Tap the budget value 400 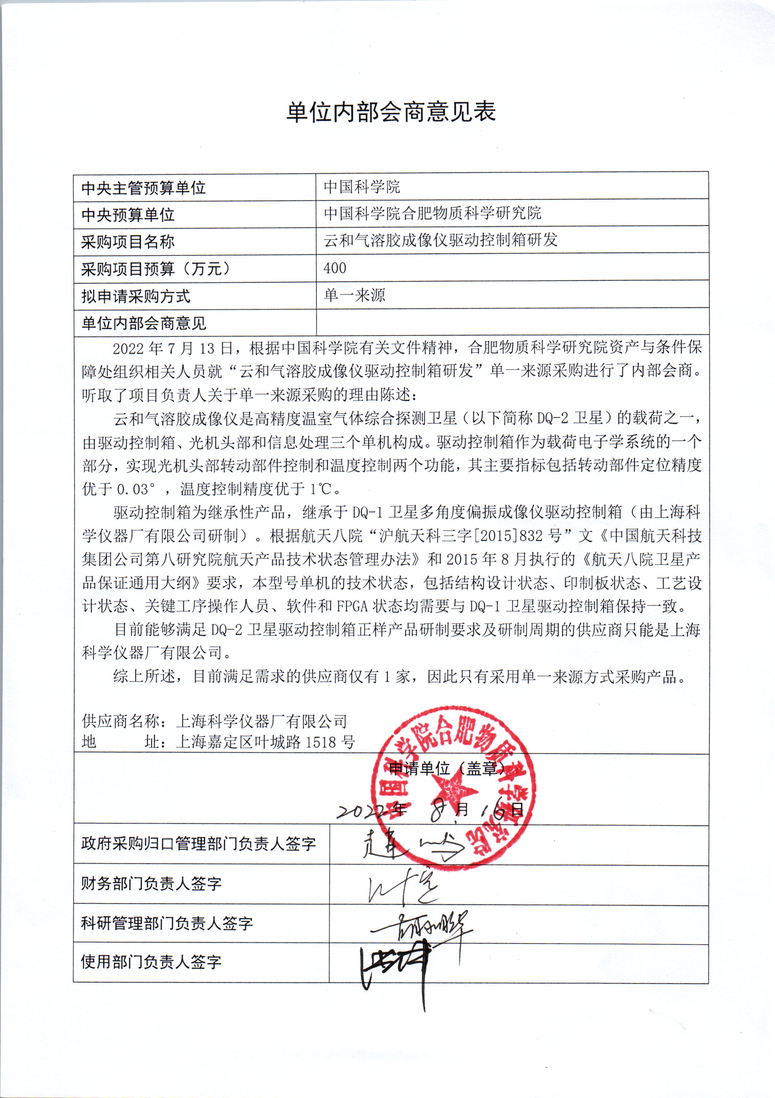(x=335, y=268)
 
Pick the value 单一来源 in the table (x=354, y=295)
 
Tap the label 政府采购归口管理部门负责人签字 (x=198, y=844)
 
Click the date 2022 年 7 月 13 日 (x=172, y=348)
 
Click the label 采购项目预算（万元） (x=155, y=269)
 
